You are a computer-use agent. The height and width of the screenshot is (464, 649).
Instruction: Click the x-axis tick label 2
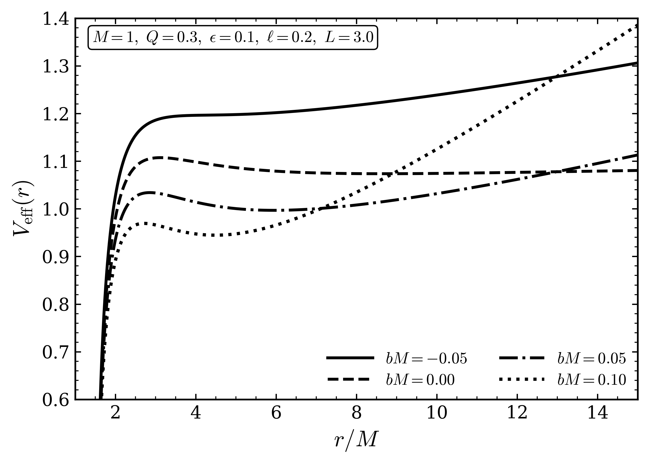[115, 413]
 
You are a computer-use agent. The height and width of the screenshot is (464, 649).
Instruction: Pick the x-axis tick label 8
[356, 413]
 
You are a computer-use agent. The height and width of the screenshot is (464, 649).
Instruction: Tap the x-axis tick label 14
[597, 413]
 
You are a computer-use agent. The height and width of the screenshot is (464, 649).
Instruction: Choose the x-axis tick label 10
[437, 413]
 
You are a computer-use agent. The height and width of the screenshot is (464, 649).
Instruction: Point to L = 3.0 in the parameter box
[349, 37]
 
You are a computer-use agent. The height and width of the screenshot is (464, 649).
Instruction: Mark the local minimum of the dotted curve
[213, 235]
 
